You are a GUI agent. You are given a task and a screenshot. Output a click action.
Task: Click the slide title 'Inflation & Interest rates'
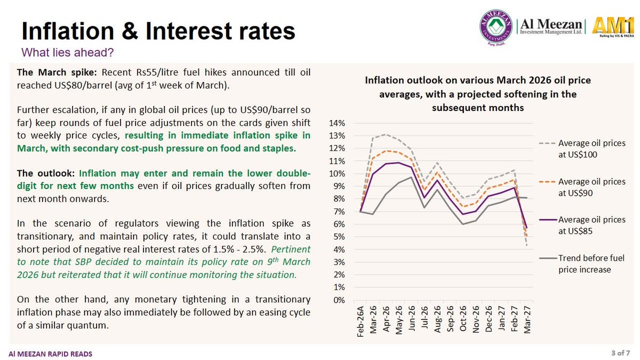click(158, 31)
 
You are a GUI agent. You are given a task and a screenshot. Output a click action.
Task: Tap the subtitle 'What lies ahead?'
click(67, 52)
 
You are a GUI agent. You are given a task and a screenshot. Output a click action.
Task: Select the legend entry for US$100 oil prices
click(582, 149)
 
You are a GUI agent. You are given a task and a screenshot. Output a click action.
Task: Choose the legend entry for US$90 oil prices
click(582, 187)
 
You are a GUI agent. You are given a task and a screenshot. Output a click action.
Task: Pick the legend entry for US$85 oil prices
click(582, 225)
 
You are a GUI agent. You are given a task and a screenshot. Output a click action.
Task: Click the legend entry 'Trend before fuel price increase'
click(582, 263)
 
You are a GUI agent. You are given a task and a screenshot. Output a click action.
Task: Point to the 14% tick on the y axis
click(337, 123)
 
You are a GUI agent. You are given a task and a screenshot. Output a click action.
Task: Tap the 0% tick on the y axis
click(339, 300)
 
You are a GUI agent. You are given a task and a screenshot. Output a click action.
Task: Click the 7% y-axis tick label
click(339, 212)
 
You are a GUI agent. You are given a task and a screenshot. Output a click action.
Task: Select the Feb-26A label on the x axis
click(361, 322)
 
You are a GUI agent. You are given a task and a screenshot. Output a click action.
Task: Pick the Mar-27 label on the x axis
click(527, 319)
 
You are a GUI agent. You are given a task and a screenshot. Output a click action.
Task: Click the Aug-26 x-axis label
click(437, 319)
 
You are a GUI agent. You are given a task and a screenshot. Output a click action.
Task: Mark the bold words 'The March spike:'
click(57, 73)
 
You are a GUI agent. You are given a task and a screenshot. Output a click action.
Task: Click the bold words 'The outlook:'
click(46, 173)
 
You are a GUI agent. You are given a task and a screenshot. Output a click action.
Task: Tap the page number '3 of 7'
click(621, 353)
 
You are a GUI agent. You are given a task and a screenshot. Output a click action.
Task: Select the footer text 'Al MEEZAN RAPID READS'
click(50, 354)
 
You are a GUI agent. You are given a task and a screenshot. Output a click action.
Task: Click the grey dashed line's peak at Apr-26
click(386, 134)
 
